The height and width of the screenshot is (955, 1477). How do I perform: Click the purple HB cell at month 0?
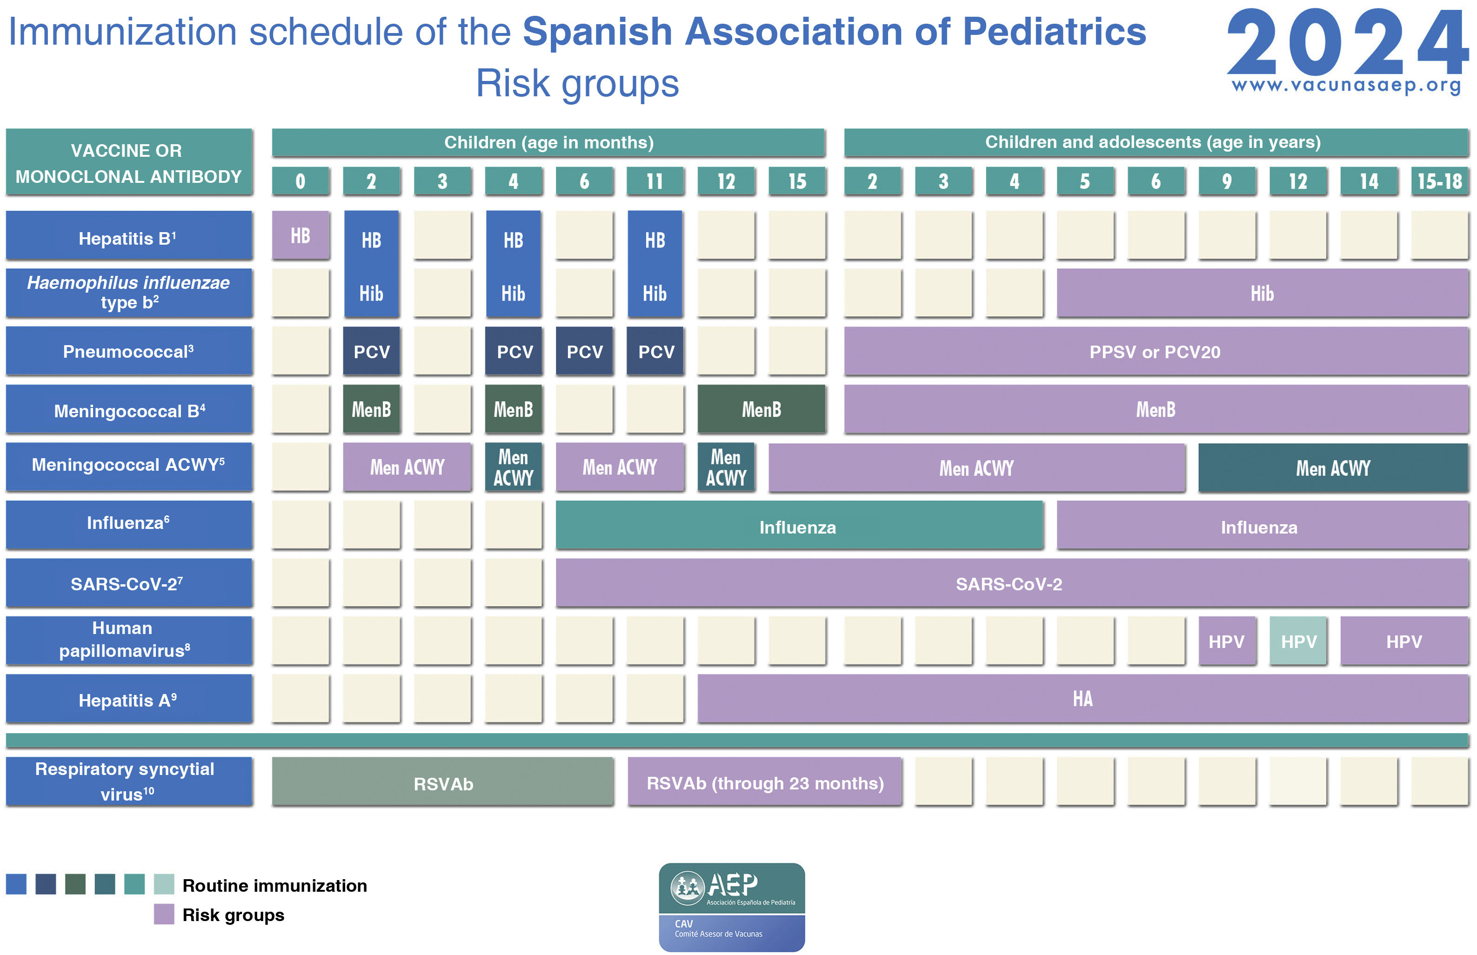[300, 235]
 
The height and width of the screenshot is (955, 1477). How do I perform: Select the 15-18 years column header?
[1439, 181]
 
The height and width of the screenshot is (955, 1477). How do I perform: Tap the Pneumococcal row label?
[128, 352]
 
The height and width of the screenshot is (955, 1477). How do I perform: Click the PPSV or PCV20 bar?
[1155, 352]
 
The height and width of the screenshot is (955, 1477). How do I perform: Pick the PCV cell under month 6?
[584, 352]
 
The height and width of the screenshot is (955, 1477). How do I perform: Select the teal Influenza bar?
[798, 527]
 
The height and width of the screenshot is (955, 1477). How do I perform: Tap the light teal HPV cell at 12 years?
[1298, 641]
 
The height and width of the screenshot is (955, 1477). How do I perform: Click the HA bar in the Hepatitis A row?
[1082, 699]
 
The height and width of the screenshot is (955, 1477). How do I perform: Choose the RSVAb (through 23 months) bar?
[764, 782]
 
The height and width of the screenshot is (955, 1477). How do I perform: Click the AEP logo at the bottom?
[732, 907]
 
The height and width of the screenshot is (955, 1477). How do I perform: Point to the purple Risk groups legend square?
[164, 914]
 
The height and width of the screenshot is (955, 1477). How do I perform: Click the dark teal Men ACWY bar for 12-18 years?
[1332, 467]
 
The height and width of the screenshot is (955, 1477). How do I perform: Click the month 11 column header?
[655, 181]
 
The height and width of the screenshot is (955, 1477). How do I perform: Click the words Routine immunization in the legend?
[274, 885]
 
